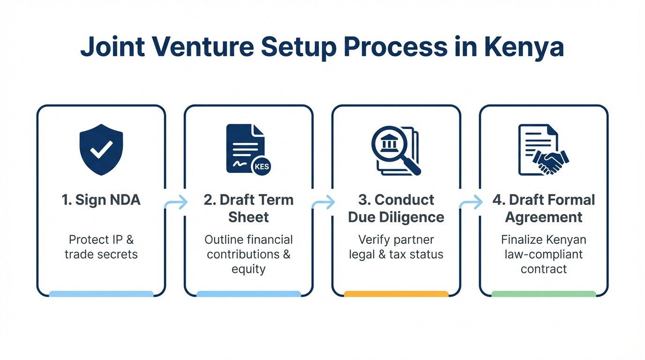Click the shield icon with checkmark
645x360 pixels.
[101, 150]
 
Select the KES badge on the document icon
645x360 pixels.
[261, 166]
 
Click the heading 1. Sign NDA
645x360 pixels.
[101, 200]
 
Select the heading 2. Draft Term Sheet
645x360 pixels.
[248, 209]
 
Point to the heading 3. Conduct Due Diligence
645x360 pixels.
[396, 209]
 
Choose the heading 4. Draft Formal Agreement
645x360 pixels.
[544, 209]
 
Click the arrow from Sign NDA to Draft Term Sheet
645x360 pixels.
[176, 203]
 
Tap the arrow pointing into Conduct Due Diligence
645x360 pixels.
[323, 203]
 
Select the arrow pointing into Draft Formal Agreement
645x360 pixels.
[471, 203]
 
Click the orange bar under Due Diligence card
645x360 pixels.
[396, 294]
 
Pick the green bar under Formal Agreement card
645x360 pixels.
[544, 294]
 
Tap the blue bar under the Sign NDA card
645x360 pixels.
[101, 294]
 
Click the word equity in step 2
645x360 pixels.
[248, 269]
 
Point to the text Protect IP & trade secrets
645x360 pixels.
[101, 247]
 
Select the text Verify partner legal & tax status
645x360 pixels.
[396, 247]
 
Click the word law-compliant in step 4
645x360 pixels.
[544, 255]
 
